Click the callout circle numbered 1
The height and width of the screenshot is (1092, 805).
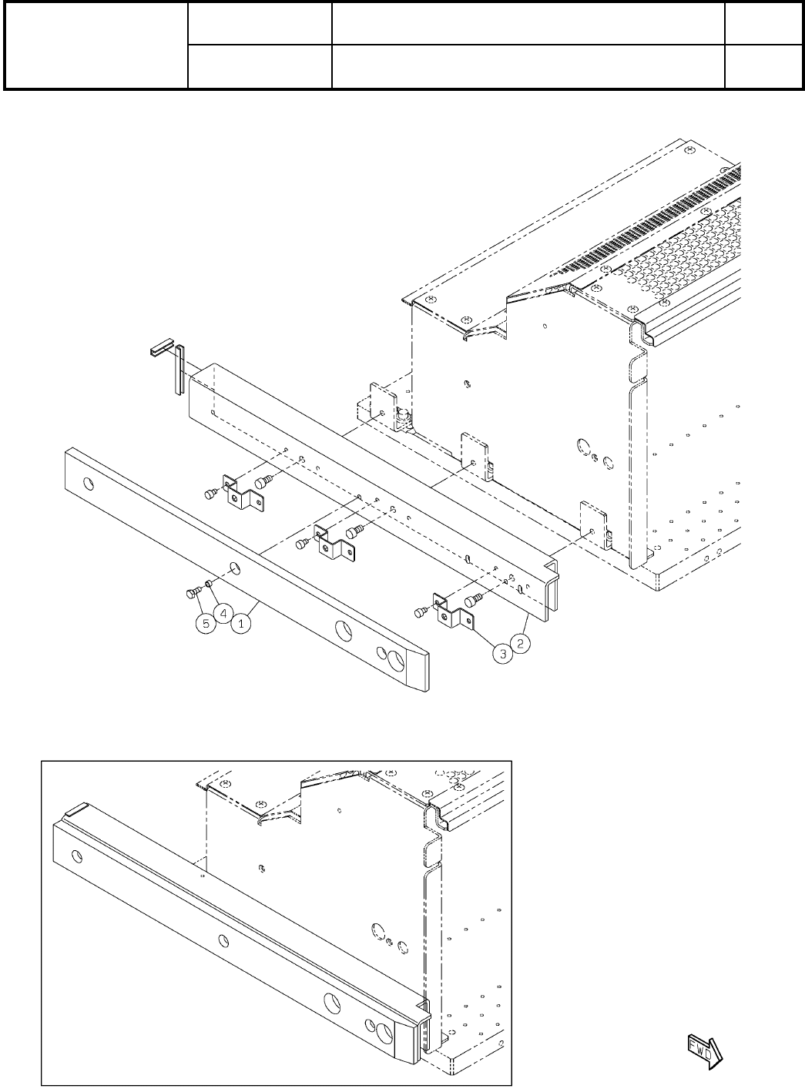(241, 624)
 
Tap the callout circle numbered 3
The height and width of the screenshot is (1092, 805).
(502, 655)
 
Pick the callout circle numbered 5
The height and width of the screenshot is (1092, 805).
(205, 625)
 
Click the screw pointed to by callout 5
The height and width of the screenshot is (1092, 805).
(192, 593)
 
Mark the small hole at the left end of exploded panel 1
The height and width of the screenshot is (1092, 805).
(89, 484)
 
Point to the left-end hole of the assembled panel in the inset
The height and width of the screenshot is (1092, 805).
(75, 856)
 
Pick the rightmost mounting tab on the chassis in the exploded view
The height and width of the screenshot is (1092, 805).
(593, 523)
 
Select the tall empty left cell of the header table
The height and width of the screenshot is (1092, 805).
(96, 45)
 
